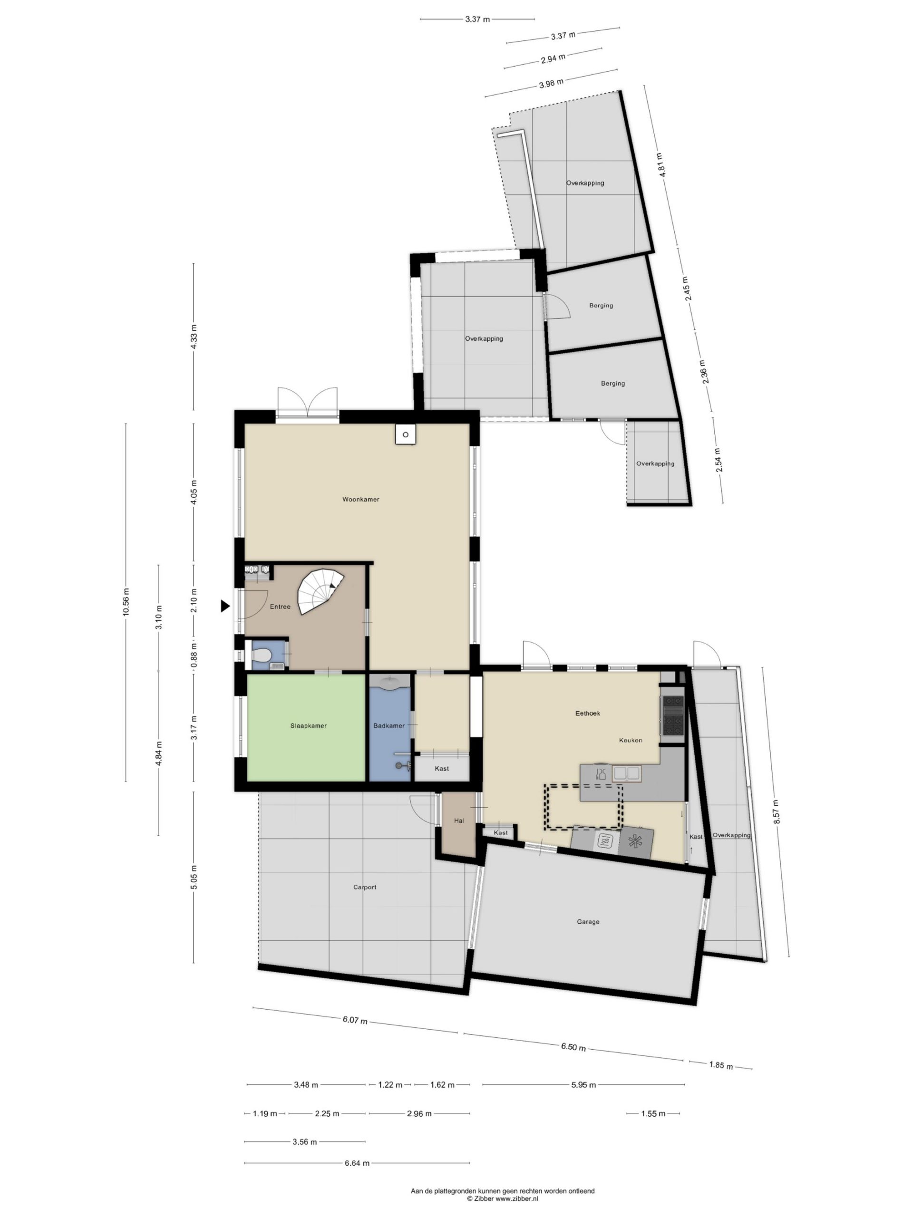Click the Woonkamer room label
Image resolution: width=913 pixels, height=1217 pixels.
click(360, 500)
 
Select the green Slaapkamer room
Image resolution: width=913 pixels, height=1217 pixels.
click(306, 727)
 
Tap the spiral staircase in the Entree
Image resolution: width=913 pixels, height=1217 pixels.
click(321, 592)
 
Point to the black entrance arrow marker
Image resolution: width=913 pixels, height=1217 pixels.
click(225, 606)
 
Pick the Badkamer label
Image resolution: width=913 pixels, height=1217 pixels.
click(389, 726)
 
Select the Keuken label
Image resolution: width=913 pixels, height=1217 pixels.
click(630, 740)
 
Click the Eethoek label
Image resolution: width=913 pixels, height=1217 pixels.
click(587, 713)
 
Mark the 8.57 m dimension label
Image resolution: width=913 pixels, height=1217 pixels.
click(777, 811)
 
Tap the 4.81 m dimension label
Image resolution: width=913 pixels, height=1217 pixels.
click(663, 164)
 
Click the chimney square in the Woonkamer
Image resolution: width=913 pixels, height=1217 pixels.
click(405, 435)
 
